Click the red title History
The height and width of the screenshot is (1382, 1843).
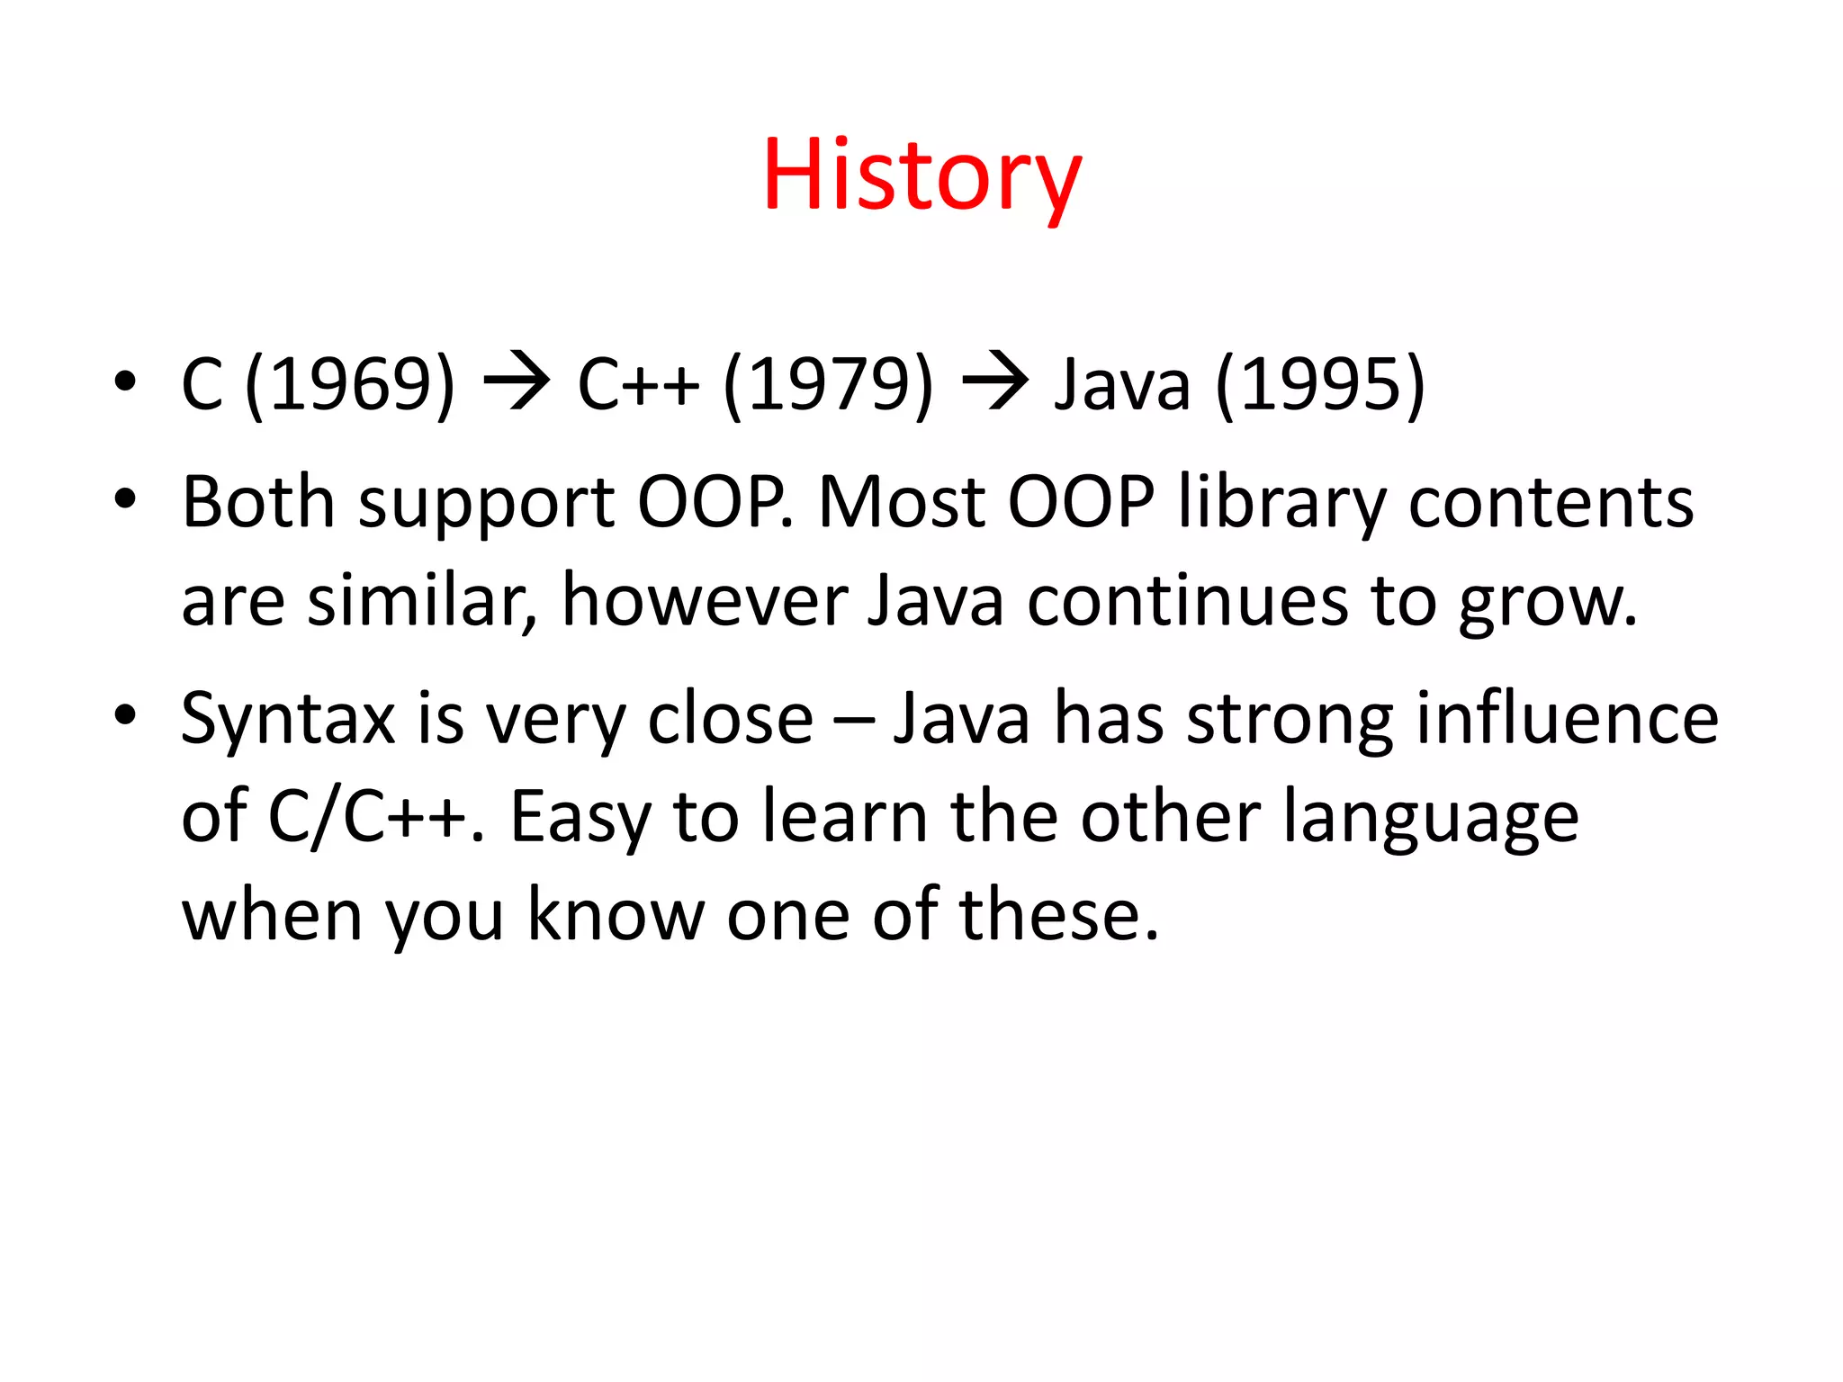point(921,177)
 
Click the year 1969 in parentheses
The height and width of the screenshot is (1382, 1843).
point(349,385)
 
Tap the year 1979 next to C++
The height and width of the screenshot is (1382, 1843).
point(829,385)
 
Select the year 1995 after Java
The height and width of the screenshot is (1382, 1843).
point(1320,385)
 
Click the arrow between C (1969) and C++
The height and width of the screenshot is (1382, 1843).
point(517,381)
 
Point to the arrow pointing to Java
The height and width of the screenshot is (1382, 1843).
point(994,381)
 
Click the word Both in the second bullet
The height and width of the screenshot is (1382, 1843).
point(258,501)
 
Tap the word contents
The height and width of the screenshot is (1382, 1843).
point(1551,503)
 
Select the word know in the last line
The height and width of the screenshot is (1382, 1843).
point(615,914)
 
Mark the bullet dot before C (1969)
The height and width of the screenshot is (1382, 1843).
point(125,381)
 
